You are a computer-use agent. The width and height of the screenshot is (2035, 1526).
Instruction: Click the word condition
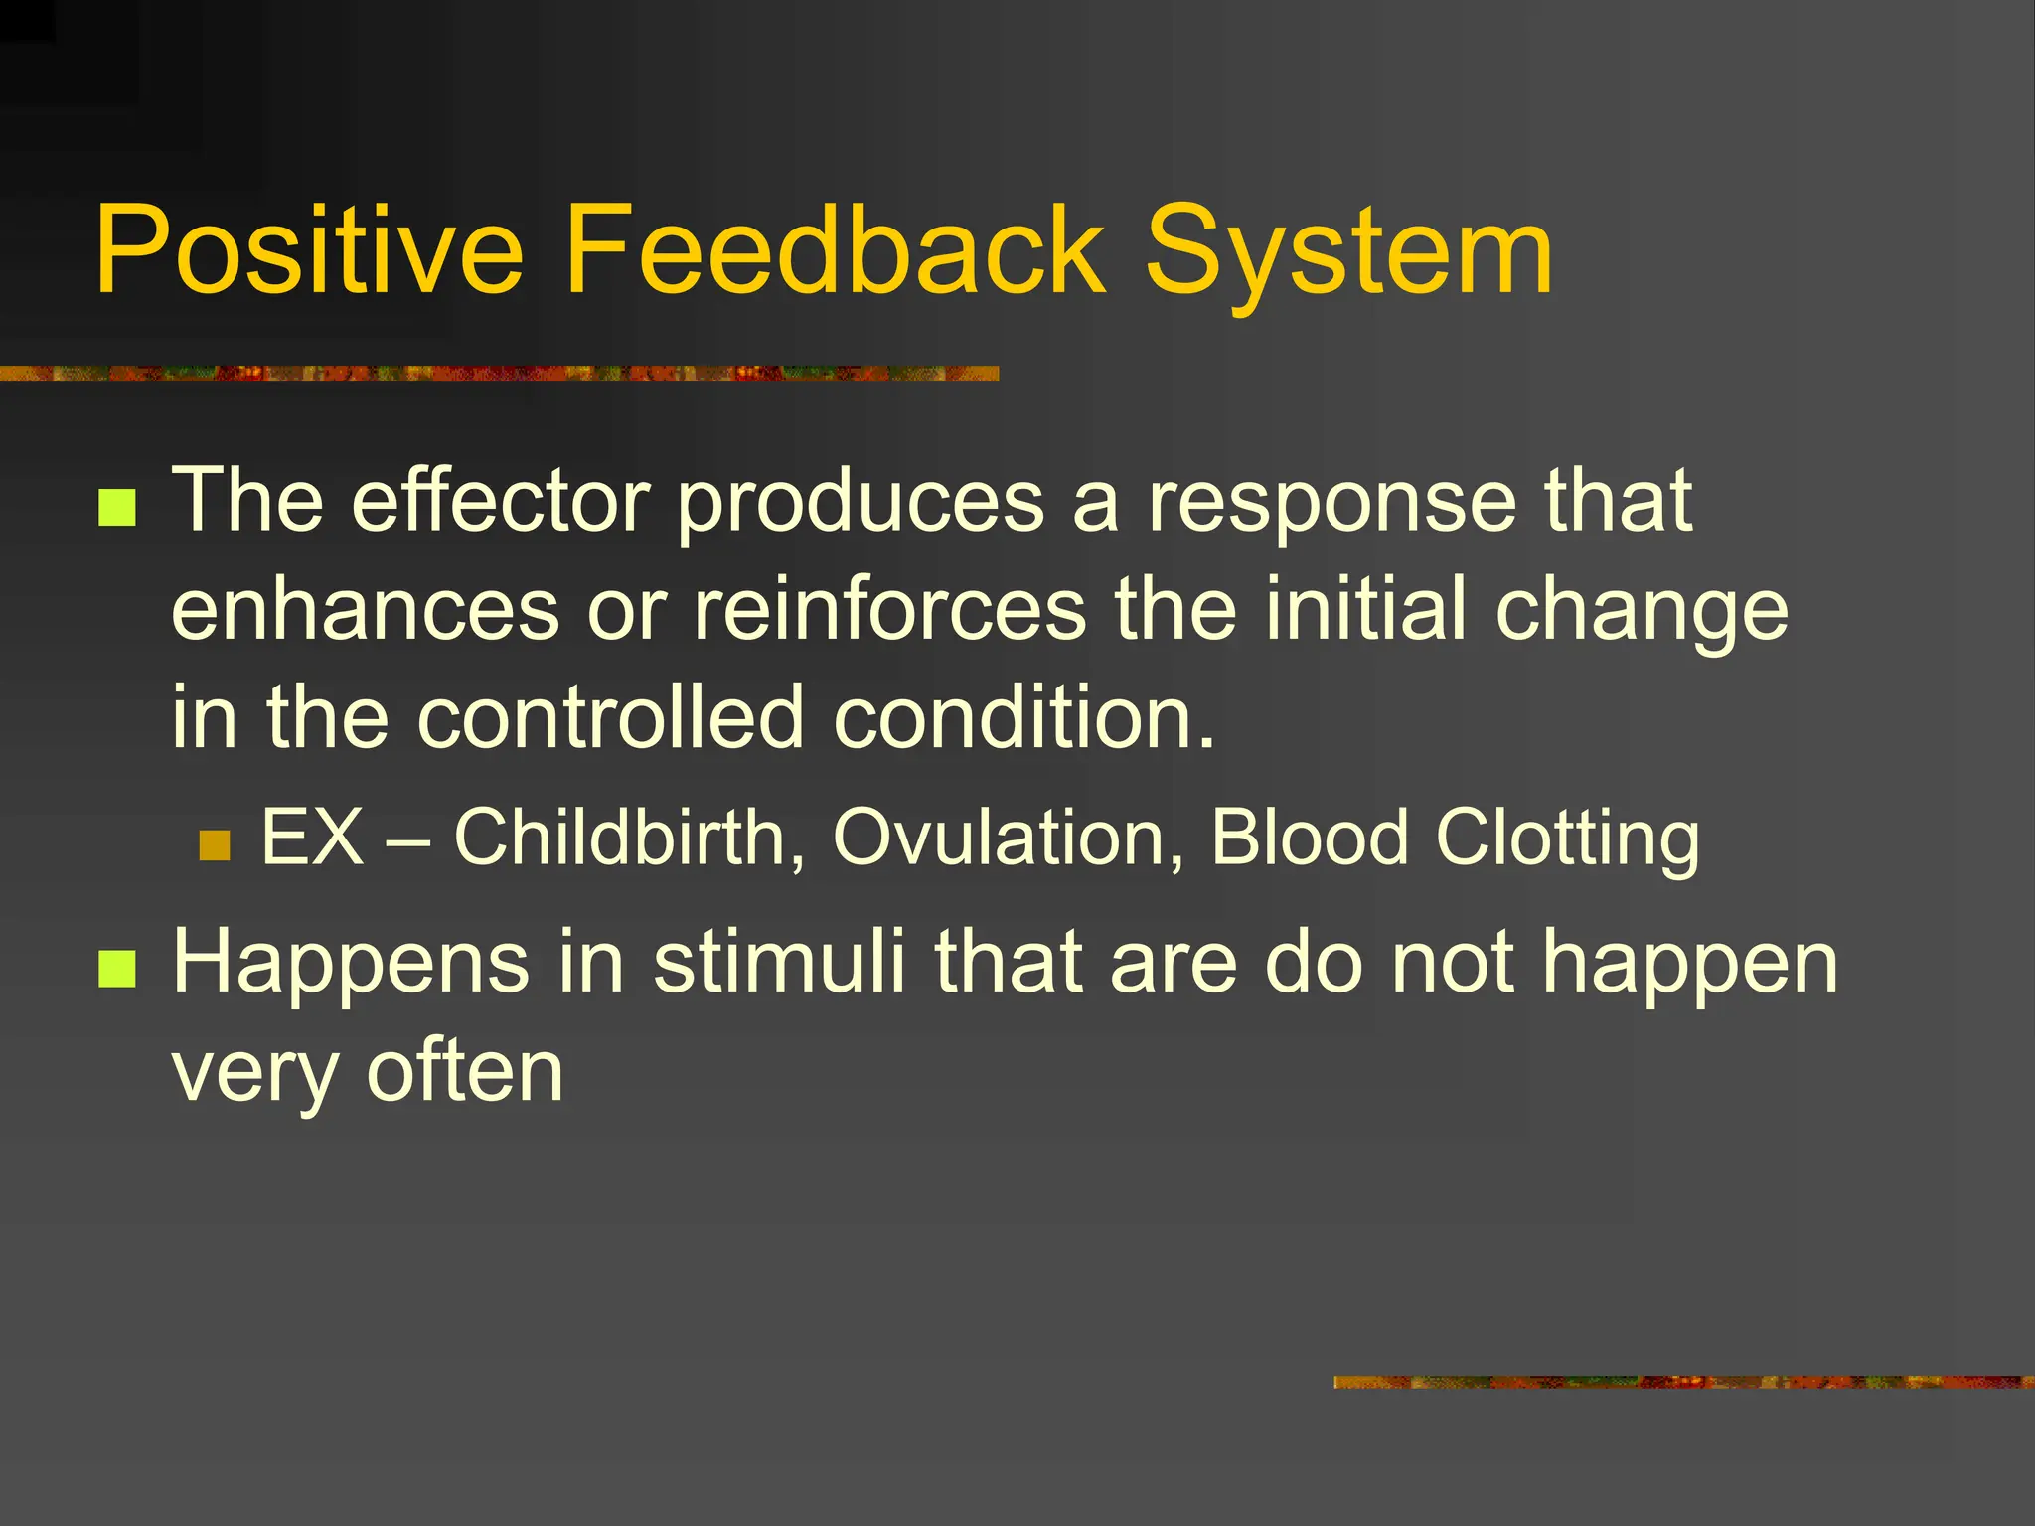click(1023, 717)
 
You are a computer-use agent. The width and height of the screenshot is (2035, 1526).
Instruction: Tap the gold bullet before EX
click(215, 845)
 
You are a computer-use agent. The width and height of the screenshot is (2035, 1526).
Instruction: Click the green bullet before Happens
click(117, 970)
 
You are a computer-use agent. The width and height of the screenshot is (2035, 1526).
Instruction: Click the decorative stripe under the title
click(497, 374)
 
